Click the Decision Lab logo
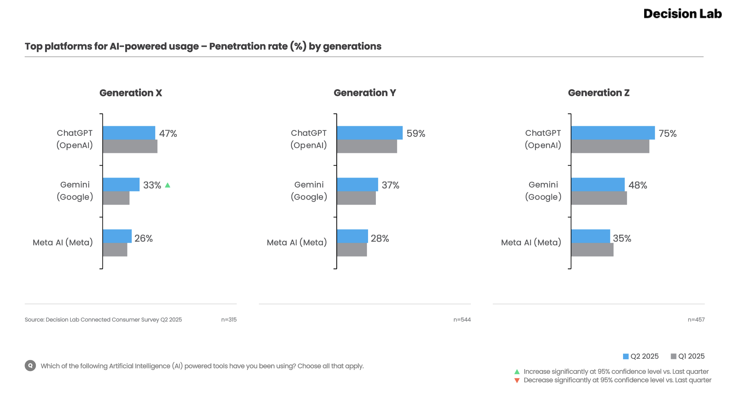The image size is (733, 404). click(682, 14)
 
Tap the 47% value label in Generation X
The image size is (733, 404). click(168, 133)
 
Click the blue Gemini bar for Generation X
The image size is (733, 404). click(121, 184)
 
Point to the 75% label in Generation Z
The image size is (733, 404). click(667, 133)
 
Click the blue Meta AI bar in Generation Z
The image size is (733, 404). click(591, 236)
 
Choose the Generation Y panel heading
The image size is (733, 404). click(364, 93)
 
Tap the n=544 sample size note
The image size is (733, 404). click(462, 320)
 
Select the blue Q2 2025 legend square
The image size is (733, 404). click(625, 356)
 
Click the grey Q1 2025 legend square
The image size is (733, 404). click(673, 356)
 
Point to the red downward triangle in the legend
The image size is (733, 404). click(517, 380)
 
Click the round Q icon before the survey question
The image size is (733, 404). click(30, 365)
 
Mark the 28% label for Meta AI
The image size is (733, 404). click(379, 238)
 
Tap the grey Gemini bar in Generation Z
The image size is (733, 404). click(599, 198)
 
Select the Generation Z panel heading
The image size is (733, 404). click(598, 93)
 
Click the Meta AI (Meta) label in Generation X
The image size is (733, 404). click(63, 242)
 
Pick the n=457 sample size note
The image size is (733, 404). click(696, 320)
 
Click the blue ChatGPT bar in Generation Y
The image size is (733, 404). click(370, 133)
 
